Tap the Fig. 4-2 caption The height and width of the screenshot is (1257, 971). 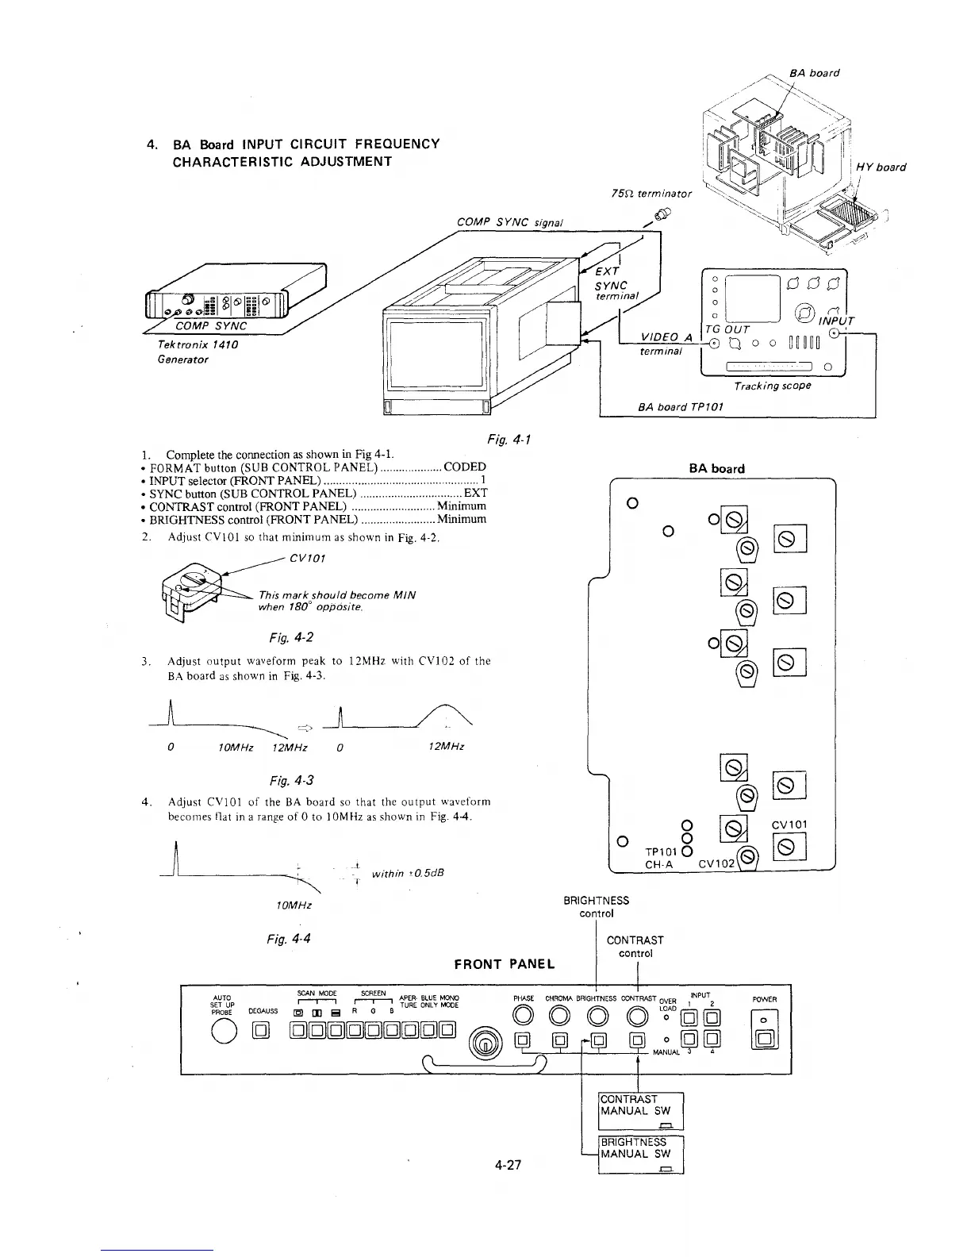pos(285,637)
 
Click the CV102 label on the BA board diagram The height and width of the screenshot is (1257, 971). pos(716,864)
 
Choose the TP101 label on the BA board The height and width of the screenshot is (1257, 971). pos(663,852)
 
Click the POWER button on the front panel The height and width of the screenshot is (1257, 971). pos(767,1037)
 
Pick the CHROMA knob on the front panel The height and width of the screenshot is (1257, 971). pos(559,1015)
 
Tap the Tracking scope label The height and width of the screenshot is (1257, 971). pos(773,386)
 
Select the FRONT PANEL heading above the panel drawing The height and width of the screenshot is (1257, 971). pos(505,964)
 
